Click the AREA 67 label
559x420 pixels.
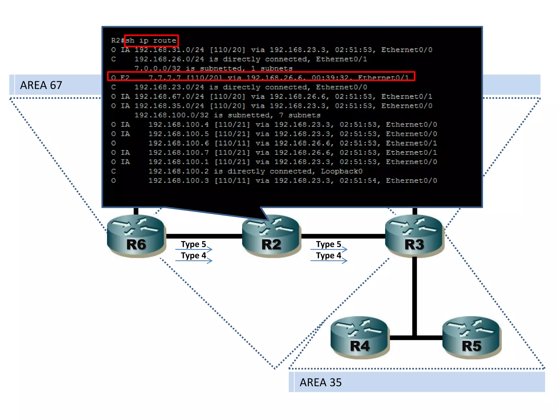41,85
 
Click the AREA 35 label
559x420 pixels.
320,382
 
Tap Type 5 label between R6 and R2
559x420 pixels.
193,244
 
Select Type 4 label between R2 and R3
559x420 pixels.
328,255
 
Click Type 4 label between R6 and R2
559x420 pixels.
193,255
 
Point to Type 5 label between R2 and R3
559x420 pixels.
328,244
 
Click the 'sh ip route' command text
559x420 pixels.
151,40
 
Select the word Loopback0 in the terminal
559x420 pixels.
341,171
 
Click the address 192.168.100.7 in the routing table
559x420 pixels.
179,153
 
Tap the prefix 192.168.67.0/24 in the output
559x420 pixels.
169,97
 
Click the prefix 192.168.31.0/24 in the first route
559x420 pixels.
169,50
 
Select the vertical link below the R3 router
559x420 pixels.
414,295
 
